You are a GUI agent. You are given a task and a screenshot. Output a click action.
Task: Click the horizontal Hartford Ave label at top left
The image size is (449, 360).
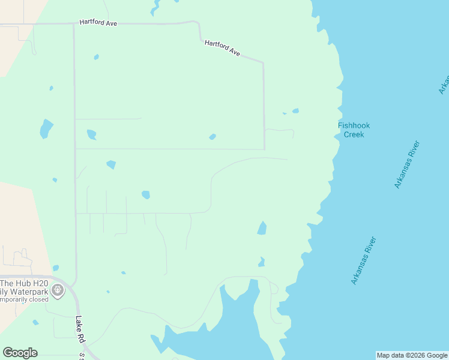(x=98, y=23)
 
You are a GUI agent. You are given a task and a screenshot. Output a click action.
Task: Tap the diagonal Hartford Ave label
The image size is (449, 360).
(x=222, y=49)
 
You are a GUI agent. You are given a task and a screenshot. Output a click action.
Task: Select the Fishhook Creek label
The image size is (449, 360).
(x=354, y=130)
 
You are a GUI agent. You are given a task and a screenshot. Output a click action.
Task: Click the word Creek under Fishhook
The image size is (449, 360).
(x=354, y=134)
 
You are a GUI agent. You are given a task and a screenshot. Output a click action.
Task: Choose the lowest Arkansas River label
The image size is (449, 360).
(x=364, y=260)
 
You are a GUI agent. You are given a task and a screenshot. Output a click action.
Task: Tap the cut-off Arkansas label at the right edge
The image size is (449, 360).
(x=444, y=85)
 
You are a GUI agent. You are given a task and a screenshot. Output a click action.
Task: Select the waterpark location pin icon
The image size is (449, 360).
(x=58, y=291)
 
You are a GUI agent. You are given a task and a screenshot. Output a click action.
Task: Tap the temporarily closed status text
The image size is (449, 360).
(x=23, y=299)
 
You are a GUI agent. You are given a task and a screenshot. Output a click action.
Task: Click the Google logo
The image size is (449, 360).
(x=20, y=353)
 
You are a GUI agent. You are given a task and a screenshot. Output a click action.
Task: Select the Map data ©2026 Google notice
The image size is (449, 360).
(x=412, y=355)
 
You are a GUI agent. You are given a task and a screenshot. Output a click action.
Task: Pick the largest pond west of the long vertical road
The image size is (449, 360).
(x=46, y=128)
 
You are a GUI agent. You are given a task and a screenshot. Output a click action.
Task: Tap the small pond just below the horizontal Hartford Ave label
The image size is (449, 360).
(x=96, y=57)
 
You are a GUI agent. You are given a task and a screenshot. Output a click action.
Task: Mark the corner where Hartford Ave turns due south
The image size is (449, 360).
(x=264, y=62)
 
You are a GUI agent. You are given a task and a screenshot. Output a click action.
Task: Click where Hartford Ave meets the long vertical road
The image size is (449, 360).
(x=74, y=25)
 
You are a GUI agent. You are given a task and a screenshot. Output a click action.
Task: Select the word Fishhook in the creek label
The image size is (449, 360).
(x=354, y=125)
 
